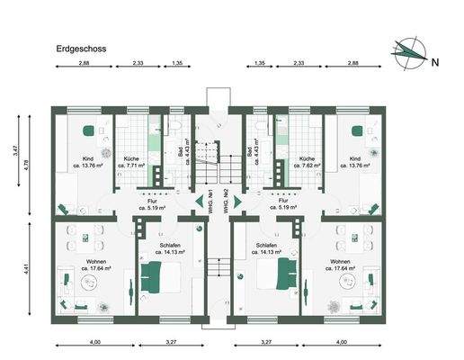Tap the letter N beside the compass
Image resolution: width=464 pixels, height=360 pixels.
point(434,62)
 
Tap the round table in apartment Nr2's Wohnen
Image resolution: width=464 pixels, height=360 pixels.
point(349,280)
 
